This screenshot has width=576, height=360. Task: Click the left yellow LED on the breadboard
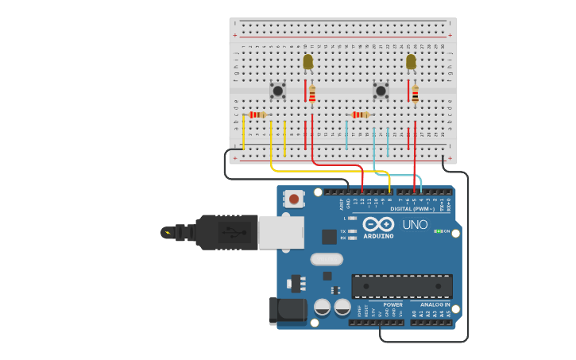308,61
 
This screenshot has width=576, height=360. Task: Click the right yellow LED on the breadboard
411,61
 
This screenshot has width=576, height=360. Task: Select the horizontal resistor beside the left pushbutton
257,114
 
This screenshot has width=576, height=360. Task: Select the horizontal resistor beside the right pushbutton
360,114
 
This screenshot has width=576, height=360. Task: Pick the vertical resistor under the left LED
312,94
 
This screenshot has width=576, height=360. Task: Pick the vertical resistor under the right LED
415,94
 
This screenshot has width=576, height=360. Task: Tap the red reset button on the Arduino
294,199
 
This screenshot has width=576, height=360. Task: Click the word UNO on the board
415,224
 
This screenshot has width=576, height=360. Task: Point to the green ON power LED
438,231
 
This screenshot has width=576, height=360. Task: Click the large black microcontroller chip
401,286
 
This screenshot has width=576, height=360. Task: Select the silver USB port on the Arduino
280,232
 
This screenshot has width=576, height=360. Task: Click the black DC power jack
288,310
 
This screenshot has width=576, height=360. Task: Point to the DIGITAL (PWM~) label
411,208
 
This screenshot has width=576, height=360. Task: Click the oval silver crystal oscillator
326,259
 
